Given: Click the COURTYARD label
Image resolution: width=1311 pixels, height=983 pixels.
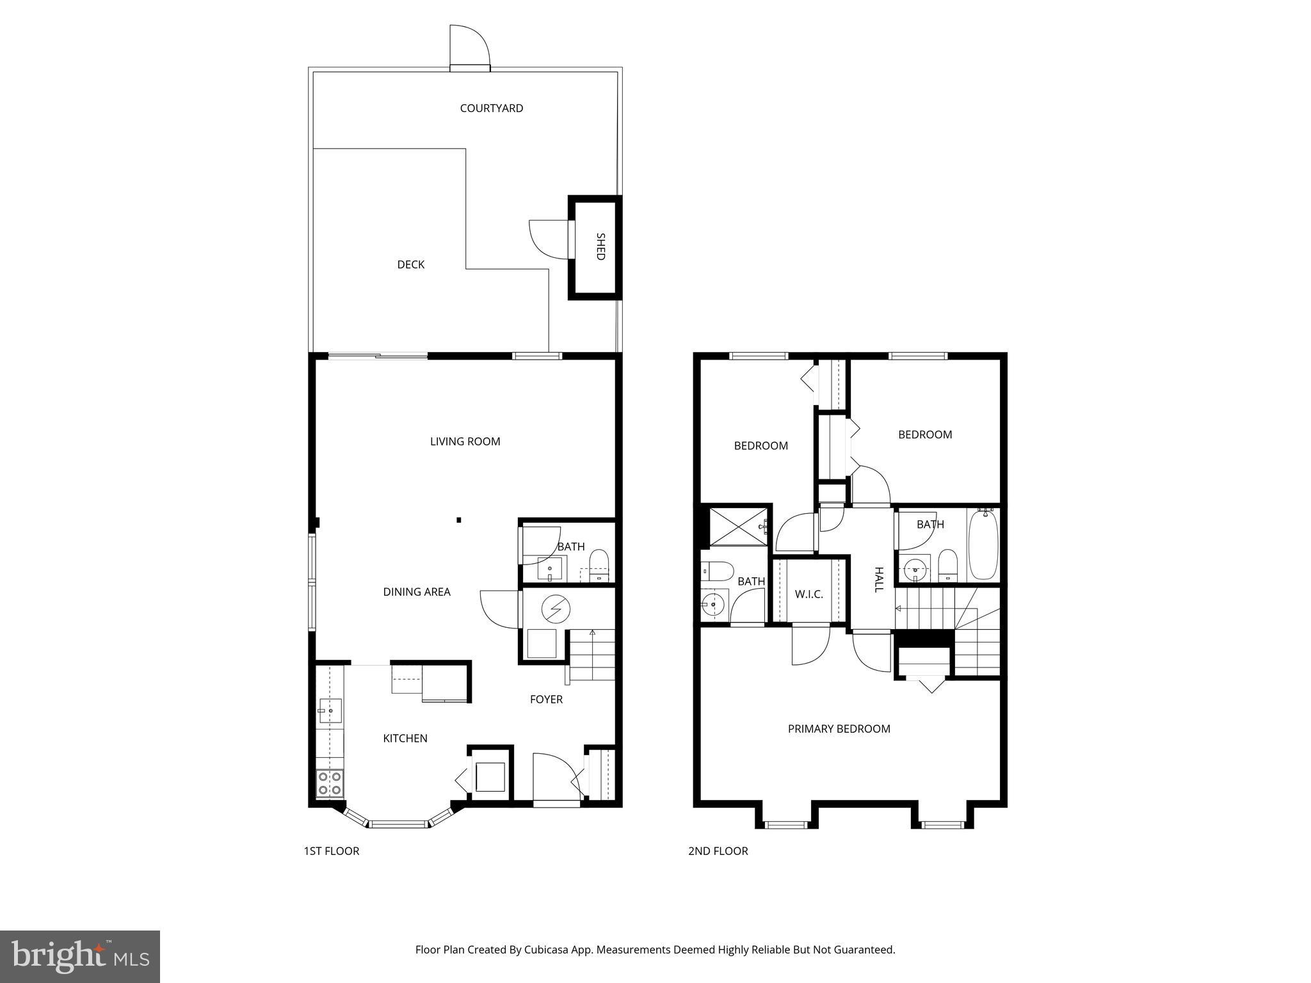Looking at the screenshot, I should (x=491, y=108).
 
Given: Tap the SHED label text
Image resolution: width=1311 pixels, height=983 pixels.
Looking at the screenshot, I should (x=600, y=246).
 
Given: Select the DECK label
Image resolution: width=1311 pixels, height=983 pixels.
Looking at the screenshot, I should (x=410, y=264).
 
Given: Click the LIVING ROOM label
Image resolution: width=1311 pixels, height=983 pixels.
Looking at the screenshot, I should (x=465, y=441).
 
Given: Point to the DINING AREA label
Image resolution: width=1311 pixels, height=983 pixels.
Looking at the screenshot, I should (x=416, y=592).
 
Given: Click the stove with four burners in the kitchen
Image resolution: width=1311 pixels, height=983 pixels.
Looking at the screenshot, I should (x=330, y=783).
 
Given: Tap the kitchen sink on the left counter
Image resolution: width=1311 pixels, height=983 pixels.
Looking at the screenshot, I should (x=330, y=710).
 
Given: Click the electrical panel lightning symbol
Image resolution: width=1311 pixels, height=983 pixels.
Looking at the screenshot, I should (x=555, y=609).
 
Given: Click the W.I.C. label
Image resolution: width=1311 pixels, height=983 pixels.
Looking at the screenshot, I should (x=808, y=594).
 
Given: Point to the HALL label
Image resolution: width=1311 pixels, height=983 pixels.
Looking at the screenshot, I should (x=879, y=579).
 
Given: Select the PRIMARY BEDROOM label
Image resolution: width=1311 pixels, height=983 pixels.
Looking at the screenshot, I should (x=839, y=728).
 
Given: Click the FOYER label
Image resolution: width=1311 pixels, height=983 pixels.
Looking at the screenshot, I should (x=546, y=699).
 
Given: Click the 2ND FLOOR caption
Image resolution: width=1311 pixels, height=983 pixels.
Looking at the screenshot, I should (x=718, y=851).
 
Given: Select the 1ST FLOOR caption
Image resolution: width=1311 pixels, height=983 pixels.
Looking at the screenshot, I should (x=331, y=851).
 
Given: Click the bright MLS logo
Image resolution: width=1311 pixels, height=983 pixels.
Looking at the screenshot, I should (x=79, y=956).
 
